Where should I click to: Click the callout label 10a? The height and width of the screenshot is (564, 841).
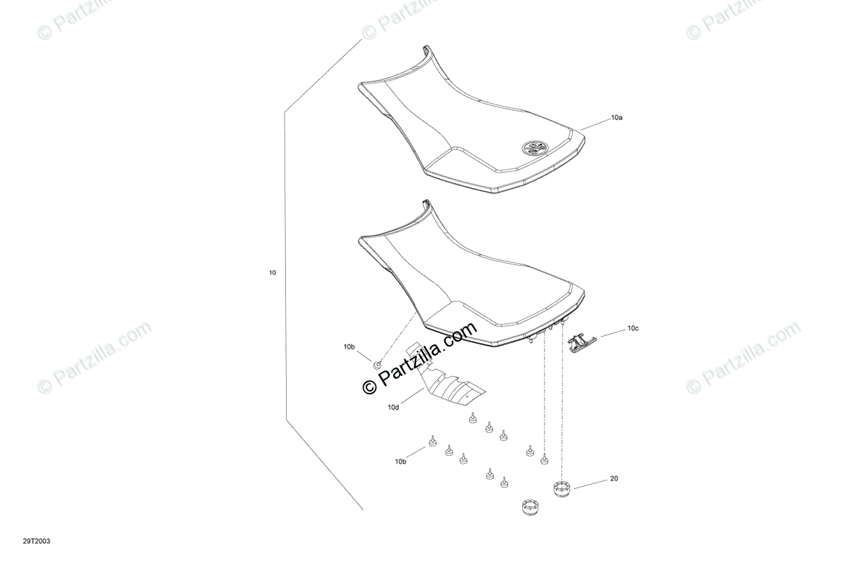pos(616,119)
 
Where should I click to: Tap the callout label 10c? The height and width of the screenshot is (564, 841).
pos(633,328)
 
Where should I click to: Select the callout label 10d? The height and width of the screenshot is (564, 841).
pos(392,407)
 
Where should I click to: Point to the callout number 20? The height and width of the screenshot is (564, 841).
pos(614,479)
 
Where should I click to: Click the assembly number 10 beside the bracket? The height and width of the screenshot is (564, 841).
pos(272,272)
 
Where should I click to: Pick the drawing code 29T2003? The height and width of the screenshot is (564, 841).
pos(36,541)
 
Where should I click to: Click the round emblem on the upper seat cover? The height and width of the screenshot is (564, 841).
pos(536,147)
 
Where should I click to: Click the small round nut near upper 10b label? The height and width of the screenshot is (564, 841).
pos(377,363)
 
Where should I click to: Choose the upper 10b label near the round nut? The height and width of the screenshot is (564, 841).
pos(349,347)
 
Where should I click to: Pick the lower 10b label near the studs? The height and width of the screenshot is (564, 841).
pos(399,461)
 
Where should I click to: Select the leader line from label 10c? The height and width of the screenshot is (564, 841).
pos(608,333)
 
